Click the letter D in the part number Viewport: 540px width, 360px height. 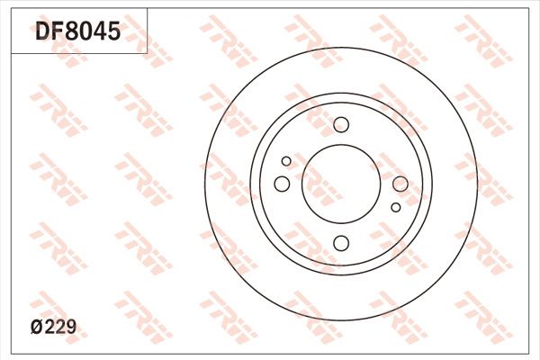pyautogui.click(x=42, y=31)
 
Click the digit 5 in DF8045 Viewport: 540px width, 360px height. pyautogui.click(x=114, y=31)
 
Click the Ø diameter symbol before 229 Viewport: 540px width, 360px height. pyautogui.click(x=37, y=327)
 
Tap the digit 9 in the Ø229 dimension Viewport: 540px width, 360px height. pyautogui.click(x=70, y=327)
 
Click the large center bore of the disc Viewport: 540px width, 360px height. pyautogui.click(x=341, y=184)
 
